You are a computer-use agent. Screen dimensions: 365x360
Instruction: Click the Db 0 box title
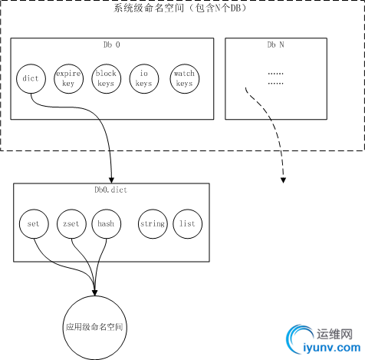[x=112, y=45]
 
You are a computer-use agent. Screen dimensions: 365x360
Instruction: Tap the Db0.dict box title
[x=111, y=190]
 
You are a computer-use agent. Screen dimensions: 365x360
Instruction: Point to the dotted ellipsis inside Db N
[x=275, y=78]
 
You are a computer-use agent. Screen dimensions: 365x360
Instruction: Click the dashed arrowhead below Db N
[x=283, y=180]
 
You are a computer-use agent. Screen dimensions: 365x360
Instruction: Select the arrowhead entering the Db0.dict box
[x=111, y=180]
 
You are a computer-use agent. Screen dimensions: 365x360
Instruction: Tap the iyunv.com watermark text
[x=332, y=348]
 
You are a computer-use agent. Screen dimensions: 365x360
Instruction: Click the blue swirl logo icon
[x=297, y=339]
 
